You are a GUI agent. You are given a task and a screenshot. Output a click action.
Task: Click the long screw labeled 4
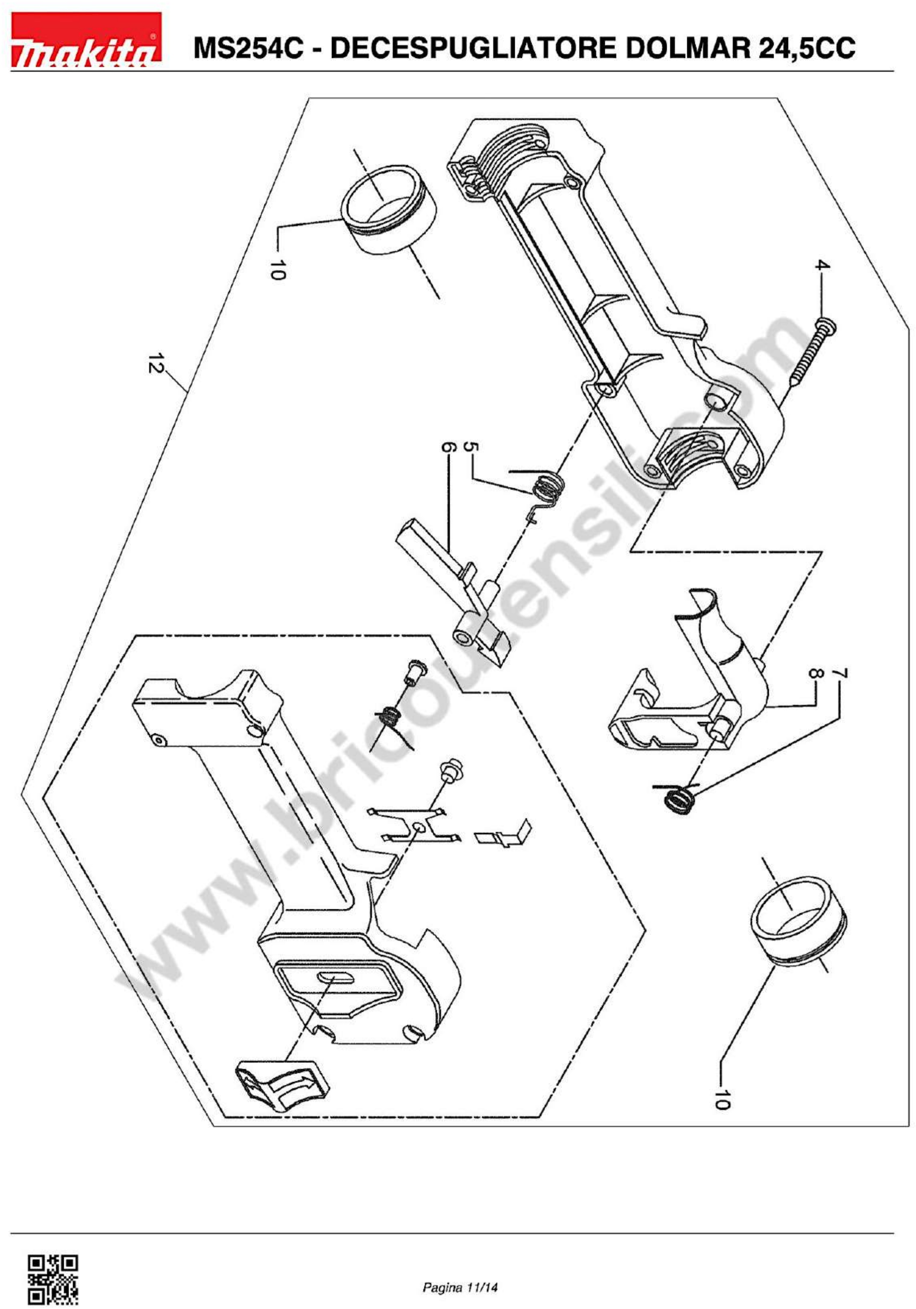point(809,353)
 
